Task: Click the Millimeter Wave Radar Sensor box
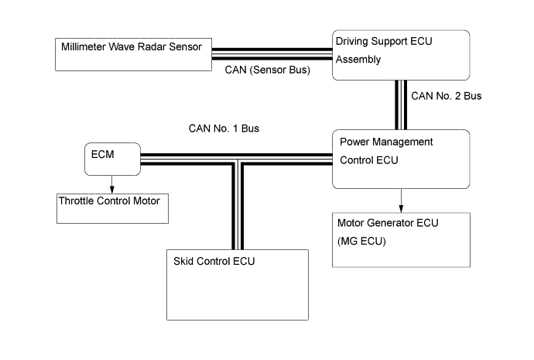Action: (132, 55)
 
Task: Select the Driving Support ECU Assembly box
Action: (401, 54)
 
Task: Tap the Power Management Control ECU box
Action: (401, 159)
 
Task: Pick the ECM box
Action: (111, 159)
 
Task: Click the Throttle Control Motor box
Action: (112, 209)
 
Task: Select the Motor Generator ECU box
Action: (401, 239)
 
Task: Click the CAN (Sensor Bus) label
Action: (268, 70)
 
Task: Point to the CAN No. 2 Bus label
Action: (447, 97)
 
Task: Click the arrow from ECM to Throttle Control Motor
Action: (112, 184)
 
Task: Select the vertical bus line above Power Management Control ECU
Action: (401, 105)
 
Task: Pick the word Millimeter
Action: (84, 46)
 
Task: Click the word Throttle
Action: (80, 201)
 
